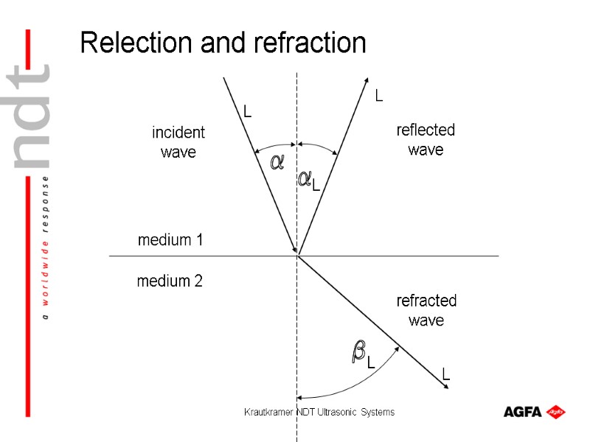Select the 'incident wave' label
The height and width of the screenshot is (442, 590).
178,142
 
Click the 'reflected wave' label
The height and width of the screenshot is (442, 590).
426,140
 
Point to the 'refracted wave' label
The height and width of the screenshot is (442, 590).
426,310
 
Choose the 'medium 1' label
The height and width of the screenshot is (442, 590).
170,240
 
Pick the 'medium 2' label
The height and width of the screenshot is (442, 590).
170,281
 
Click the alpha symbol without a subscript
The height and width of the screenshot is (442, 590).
277,162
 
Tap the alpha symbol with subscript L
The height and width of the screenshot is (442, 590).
308,180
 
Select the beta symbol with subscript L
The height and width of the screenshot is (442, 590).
361,354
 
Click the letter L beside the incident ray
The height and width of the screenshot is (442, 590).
248,112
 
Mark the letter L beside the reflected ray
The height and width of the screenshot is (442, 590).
379,95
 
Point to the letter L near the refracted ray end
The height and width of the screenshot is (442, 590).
446,375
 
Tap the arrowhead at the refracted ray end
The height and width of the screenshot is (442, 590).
447,392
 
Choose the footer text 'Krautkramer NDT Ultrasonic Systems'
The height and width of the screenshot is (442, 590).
319,412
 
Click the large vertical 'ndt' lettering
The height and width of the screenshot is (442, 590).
33,118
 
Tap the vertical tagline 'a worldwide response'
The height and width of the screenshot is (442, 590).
46,248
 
